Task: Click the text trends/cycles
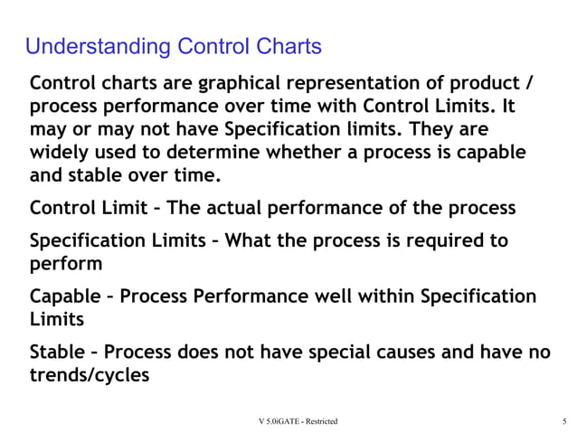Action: click(90, 374)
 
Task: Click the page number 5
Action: click(563, 421)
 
